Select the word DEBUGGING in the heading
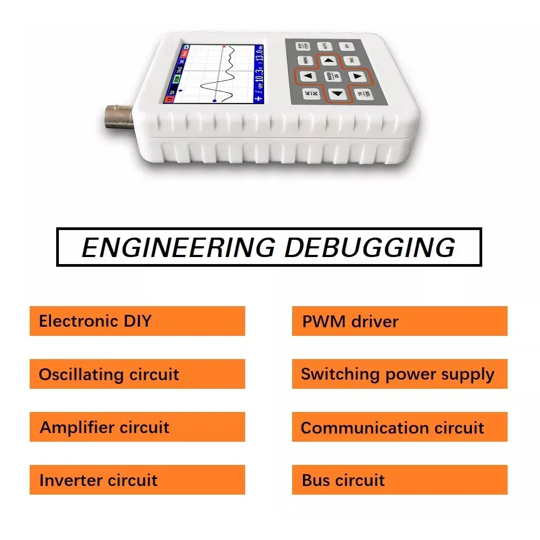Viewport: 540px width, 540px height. point(369,247)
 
